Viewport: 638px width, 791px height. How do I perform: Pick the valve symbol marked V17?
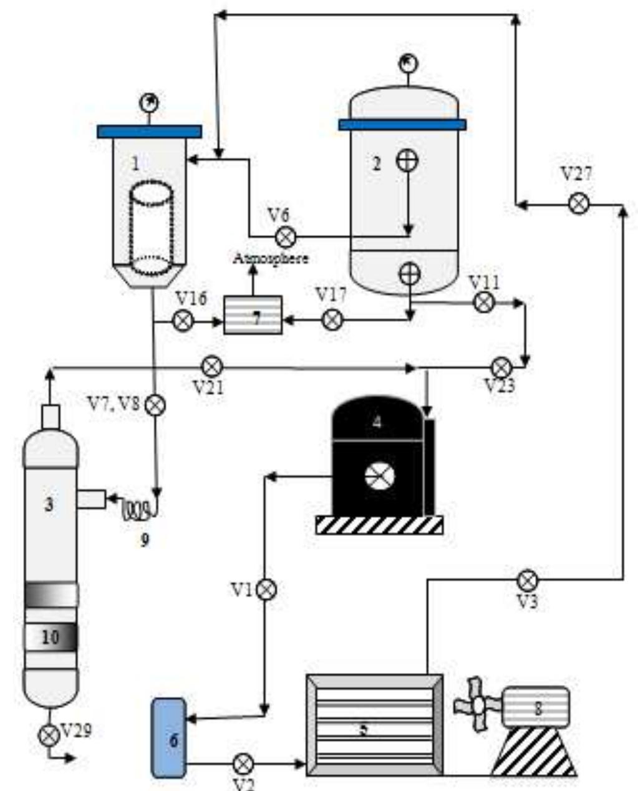point(332,320)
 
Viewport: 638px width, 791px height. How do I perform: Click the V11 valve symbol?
point(484,303)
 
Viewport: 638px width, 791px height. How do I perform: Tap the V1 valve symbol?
point(266,589)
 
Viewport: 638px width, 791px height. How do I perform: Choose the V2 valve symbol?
point(243,763)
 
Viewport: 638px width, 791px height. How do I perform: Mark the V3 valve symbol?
point(528,580)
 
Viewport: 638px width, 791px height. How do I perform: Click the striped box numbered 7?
point(253,315)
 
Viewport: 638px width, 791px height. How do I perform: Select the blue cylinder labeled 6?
point(169,738)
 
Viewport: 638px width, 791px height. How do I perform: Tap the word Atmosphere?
point(271,258)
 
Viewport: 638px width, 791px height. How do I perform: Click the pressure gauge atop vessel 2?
point(408,63)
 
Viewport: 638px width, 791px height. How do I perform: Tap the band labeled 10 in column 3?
point(51,637)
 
